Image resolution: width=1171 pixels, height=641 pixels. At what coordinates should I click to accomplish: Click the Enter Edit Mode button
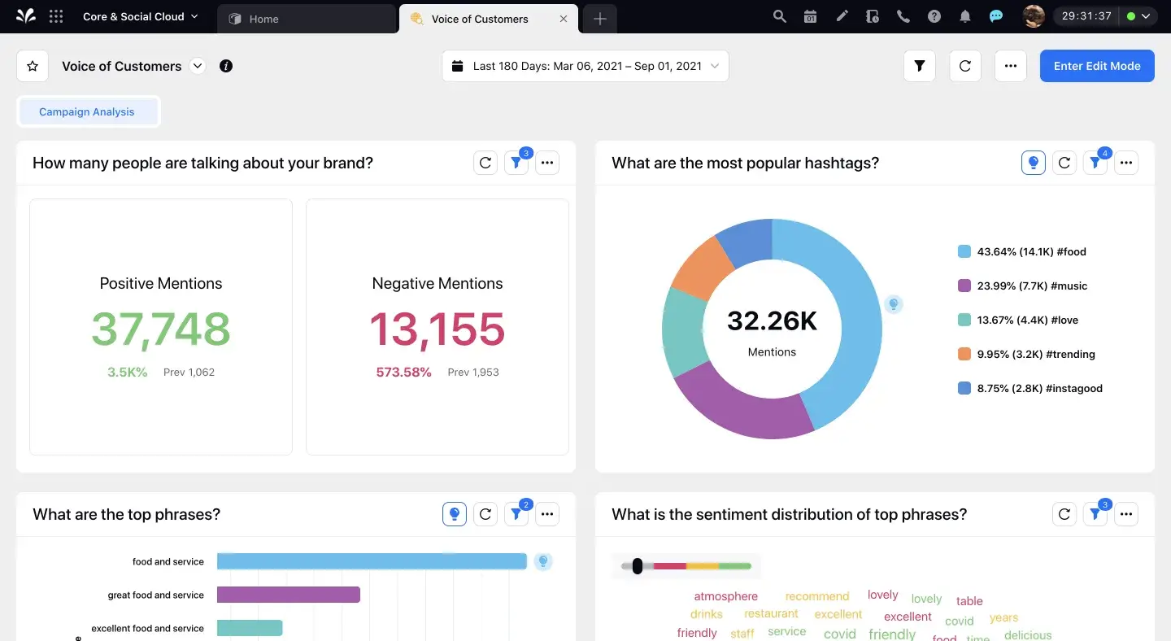pyautogui.click(x=1096, y=66)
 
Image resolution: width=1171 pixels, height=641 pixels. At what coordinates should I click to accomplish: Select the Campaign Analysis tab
pyautogui.click(x=87, y=112)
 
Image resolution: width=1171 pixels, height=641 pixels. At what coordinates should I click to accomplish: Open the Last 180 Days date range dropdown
pyautogui.click(x=585, y=66)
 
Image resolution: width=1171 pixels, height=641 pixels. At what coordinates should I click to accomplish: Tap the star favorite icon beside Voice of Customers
pyautogui.click(x=33, y=66)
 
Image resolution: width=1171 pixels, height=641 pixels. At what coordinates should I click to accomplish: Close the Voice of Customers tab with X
pyautogui.click(x=564, y=19)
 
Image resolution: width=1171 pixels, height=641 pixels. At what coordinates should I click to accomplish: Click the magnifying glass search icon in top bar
pyautogui.click(x=779, y=16)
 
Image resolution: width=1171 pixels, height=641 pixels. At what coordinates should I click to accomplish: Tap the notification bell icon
pyautogui.click(x=965, y=16)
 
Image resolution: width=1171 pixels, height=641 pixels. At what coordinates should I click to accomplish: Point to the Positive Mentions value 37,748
pyautogui.click(x=161, y=329)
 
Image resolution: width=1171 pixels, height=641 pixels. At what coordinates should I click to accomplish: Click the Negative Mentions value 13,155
pyautogui.click(x=437, y=329)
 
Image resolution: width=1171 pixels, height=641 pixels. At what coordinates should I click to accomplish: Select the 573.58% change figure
pyautogui.click(x=403, y=373)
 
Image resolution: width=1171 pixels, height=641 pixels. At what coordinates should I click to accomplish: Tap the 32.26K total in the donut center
pyautogui.click(x=772, y=321)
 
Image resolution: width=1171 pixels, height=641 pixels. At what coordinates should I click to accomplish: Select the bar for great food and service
pyautogui.click(x=289, y=595)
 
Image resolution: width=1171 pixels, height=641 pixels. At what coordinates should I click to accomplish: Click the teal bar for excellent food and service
pyautogui.click(x=250, y=628)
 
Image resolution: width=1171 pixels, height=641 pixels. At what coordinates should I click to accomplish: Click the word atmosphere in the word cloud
pyautogui.click(x=725, y=596)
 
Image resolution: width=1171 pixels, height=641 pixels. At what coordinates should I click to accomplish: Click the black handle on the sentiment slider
pyautogui.click(x=638, y=566)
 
